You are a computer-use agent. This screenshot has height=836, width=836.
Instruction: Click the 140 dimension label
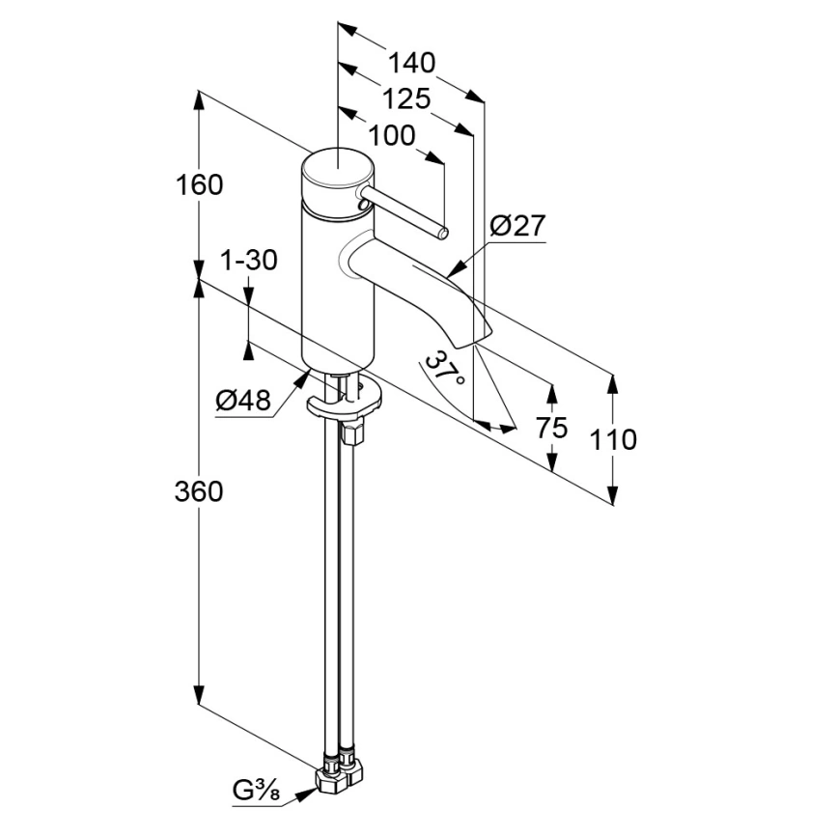point(411,63)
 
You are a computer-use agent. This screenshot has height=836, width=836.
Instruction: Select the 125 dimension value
point(406,98)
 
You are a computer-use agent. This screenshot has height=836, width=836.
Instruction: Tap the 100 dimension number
point(391,136)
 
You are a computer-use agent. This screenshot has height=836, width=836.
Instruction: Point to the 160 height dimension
point(200,185)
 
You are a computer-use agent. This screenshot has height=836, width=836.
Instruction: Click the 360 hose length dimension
point(199,491)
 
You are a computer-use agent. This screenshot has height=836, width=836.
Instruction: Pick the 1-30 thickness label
point(249,261)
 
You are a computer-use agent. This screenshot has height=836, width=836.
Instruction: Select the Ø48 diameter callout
point(243,400)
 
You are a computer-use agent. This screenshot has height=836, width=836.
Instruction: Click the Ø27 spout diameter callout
point(518,226)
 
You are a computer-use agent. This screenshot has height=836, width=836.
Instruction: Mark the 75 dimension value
point(552,428)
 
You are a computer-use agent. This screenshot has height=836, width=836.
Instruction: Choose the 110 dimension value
point(613,440)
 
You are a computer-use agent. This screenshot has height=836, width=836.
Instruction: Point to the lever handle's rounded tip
point(443,233)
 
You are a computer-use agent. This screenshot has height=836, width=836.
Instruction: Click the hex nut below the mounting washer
point(353,432)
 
